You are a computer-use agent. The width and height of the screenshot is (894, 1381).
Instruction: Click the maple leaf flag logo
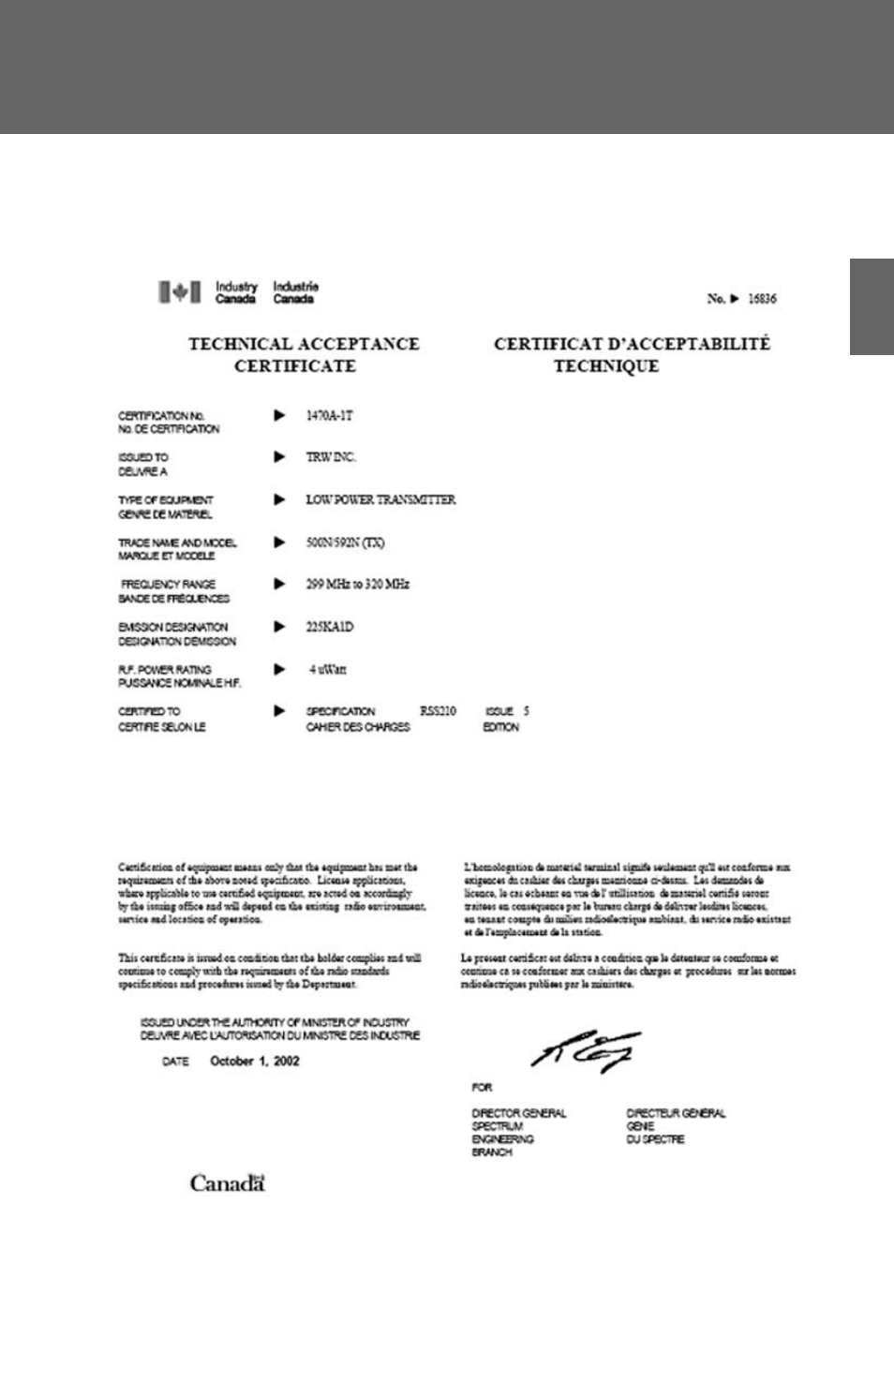click(179, 292)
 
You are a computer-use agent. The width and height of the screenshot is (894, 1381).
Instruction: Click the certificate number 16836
click(762, 299)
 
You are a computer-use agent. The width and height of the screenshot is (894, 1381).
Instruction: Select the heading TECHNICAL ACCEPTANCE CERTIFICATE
click(303, 354)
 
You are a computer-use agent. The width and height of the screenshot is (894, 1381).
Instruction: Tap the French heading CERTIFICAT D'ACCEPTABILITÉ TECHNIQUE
click(631, 354)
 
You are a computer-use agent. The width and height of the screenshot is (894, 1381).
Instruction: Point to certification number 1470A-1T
click(329, 415)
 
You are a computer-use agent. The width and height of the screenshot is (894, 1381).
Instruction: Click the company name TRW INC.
click(331, 457)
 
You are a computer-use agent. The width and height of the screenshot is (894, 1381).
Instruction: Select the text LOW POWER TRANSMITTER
click(380, 499)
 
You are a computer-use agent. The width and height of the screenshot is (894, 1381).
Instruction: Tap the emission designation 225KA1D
click(329, 627)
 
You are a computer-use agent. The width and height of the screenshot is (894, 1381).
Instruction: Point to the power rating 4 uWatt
click(328, 670)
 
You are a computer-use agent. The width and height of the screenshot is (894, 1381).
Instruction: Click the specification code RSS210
click(438, 711)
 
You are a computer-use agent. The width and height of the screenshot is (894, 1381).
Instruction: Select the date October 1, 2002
click(255, 1062)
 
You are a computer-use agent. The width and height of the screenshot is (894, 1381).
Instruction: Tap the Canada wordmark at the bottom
click(228, 1183)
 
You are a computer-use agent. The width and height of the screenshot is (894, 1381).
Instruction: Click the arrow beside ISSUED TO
click(278, 457)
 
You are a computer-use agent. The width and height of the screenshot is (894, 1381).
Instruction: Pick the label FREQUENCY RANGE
click(168, 584)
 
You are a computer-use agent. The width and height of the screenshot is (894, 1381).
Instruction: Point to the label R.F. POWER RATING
click(165, 670)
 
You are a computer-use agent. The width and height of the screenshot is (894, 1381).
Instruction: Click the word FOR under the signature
click(482, 1088)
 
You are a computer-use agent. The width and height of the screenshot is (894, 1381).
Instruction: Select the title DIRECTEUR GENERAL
click(676, 1113)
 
